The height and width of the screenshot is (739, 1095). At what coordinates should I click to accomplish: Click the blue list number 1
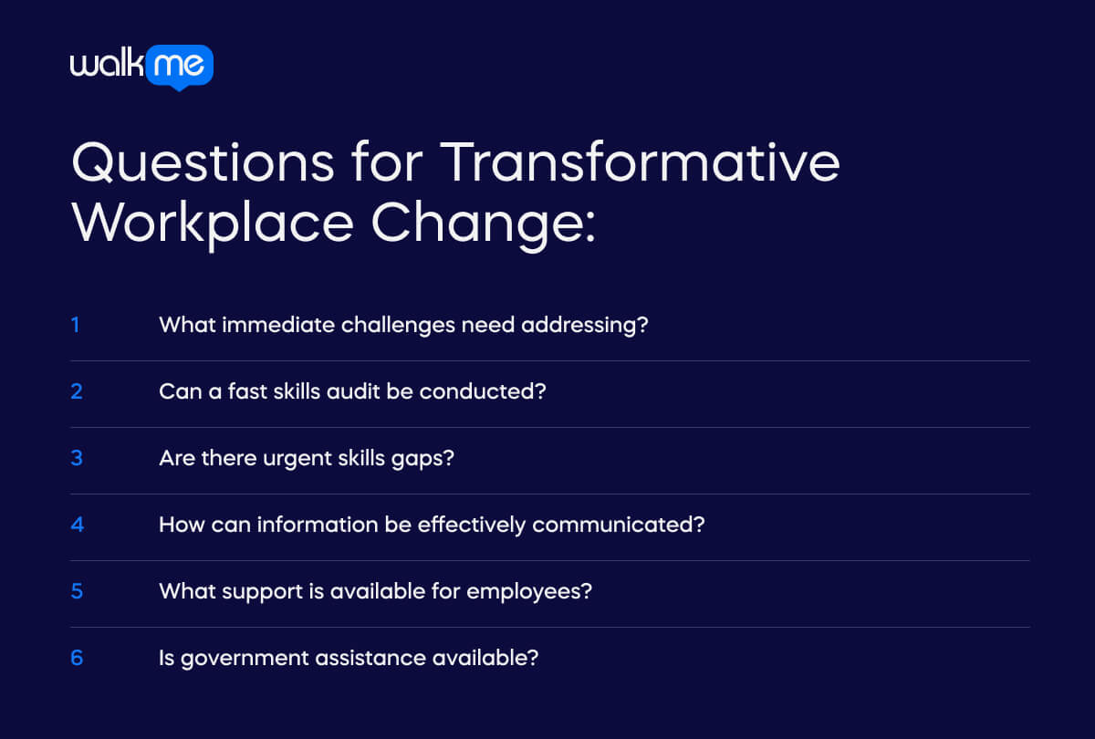76,324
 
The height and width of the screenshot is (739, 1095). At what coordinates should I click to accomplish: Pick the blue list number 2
77,390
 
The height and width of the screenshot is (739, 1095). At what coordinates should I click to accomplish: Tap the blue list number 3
77,457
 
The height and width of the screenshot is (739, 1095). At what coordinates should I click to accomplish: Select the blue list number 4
77,525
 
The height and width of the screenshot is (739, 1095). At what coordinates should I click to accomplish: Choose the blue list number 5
77,591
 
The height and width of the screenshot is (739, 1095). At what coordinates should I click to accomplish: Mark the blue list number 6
77,658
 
